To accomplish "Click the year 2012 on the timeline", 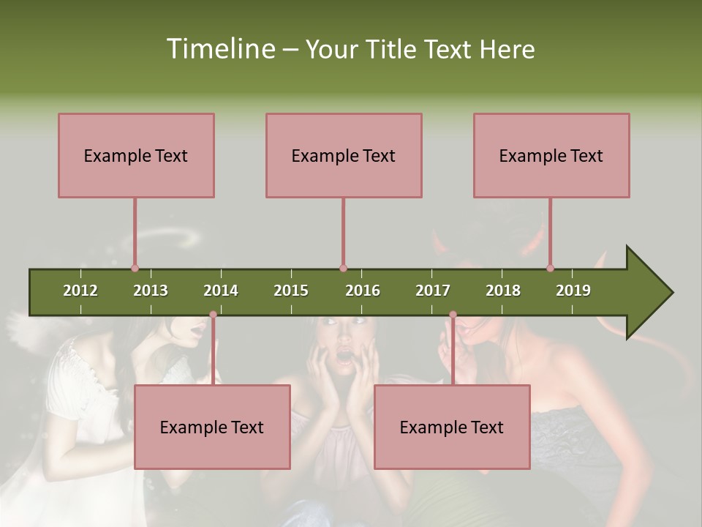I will click(x=80, y=291).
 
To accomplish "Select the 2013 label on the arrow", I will click(x=151, y=291).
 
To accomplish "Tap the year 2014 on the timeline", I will click(x=221, y=291).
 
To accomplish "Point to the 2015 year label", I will click(x=291, y=291).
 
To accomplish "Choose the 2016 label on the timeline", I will click(x=363, y=291).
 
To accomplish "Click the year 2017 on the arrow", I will click(x=433, y=291).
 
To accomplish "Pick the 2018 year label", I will click(x=503, y=291).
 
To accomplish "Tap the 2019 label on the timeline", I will click(x=573, y=291).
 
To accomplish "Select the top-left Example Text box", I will click(x=136, y=155).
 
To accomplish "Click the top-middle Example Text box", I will click(x=344, y=155).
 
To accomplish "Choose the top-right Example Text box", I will click(x=551, y=155).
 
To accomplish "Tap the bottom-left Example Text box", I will click(x=212, y=427).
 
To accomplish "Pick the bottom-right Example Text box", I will click(x=452, y=427).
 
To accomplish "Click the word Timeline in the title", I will click(x=219, y=49).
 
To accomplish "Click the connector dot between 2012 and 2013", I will click(x=135, y=269).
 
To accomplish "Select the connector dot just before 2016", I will click(x=343, y=269).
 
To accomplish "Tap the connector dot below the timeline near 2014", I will click(x=213, y=315).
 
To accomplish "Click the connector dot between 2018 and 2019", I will click(x=550, y=269).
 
